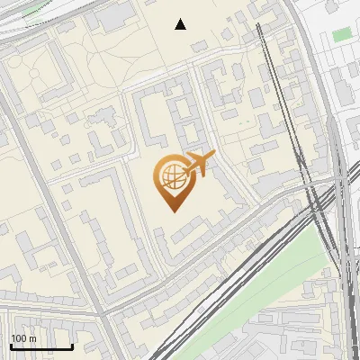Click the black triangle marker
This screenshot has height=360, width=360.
click(x=181, y=24)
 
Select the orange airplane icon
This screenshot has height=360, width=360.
click(x=199, y=164)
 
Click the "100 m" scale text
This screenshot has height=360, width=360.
click(x=23, y=338)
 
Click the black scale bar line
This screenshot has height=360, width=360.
click(x=41, y=346)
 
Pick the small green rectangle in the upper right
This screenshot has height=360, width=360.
click(x=342, y=35)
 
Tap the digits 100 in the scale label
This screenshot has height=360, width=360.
click(x=19, y=338)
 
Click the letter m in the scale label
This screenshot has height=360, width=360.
click(x=32, y=338)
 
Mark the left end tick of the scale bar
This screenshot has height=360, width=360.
click(x=11, y=345)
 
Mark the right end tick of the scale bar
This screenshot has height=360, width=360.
click(x=72, y=345)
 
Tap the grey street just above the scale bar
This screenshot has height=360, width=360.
click(x=45, y=314)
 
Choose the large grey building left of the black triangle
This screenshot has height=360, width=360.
click(x=112, y=15)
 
